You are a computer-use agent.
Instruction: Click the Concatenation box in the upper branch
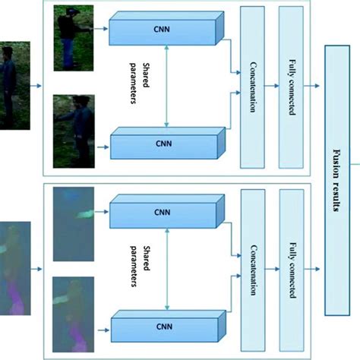pyautogui.click(x=254, y=86)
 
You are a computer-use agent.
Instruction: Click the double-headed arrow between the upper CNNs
pyautogui.click(x=166, y=86)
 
